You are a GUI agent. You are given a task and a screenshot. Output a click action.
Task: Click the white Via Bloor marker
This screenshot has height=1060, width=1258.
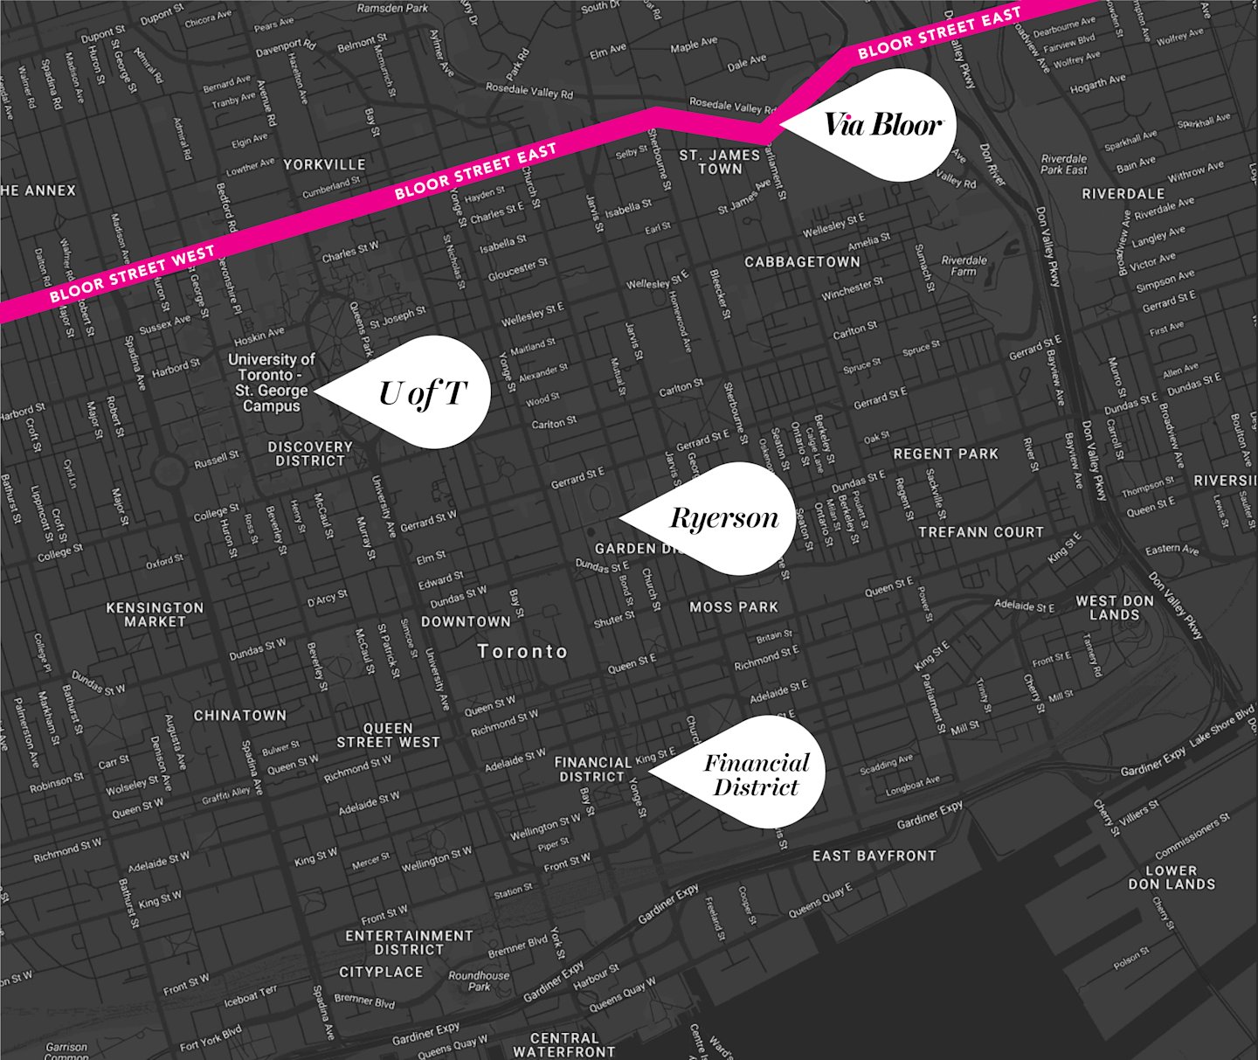click(x=882, y=125)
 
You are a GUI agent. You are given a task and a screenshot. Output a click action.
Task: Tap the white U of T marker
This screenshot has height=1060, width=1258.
click(x=424, y=393)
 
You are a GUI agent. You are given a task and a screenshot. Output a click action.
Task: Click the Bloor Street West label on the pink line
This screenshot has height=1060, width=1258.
click(x=132, y=274)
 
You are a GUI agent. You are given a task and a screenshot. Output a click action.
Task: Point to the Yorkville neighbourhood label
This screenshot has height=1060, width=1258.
click(x=324, y=164)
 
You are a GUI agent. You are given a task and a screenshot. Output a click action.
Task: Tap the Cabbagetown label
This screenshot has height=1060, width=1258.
click(x=802, y=261)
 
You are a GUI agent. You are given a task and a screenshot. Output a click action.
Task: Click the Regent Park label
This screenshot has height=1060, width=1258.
click(x=945, y=454)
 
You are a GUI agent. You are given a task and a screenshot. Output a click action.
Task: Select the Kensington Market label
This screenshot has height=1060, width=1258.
click(x=155, y=614)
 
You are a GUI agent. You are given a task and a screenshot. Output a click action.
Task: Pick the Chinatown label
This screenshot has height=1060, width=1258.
click(x=240, y=715)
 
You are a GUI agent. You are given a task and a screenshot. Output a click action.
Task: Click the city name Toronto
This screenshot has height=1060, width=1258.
click(x=522, y=651)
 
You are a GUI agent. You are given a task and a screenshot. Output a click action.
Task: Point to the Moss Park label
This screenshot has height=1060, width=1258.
click(x=734, y=606)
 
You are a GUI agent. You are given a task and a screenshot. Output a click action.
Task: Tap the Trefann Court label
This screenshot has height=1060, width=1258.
click(x=981, y=531)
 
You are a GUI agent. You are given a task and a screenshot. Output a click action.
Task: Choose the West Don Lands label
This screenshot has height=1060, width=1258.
click(x=1114, y=607)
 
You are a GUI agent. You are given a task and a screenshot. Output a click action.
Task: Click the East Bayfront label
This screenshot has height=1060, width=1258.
click(x=874, y=856)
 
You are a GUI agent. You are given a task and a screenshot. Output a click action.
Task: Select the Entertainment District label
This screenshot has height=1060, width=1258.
click(x=409, y=942)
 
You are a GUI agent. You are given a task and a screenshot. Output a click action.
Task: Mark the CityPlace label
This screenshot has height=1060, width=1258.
click(x=381, y=972)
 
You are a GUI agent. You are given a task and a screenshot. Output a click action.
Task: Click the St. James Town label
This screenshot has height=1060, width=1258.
click(x=720, y=162)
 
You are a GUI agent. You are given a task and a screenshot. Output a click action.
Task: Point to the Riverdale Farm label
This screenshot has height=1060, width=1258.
click(x=964, y=266)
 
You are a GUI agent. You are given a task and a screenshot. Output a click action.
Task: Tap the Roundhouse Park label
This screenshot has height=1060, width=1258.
click(x=479, y=980)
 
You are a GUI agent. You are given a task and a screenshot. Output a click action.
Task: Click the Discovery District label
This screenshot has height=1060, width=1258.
click(x=310, y=454)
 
